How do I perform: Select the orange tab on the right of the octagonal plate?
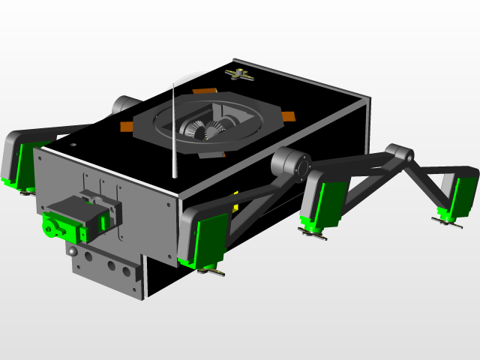289,116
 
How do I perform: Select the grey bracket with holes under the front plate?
105,266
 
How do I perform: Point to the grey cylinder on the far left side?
123,103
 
